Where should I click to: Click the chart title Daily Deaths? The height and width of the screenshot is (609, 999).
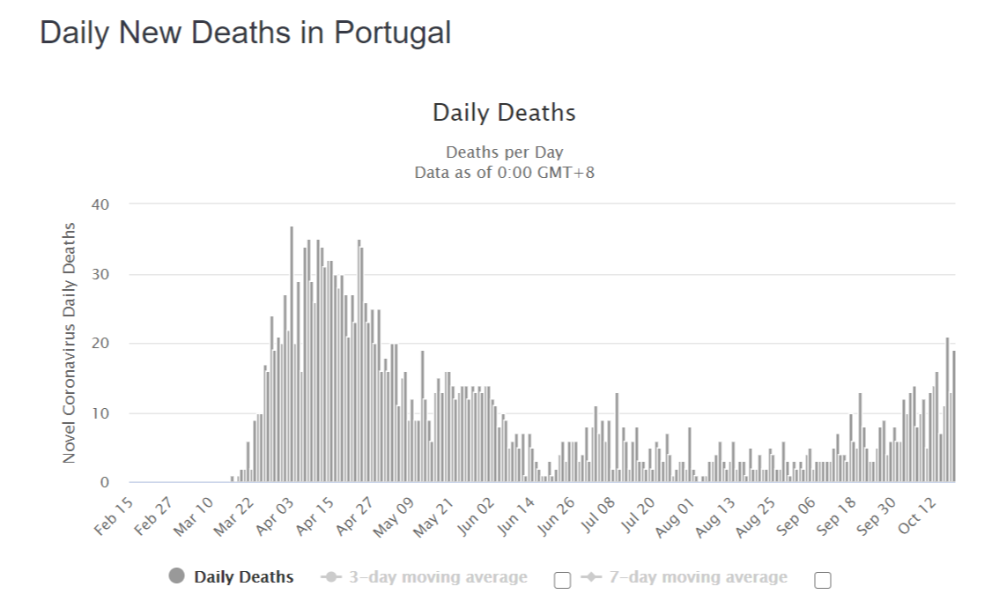pyautogui.click(x=504, y=113)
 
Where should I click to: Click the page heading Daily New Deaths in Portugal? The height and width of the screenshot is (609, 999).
pyautogui.click(x=245, y=33)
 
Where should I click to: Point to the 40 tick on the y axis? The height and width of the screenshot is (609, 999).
pyautogui.click(x=100, y=204)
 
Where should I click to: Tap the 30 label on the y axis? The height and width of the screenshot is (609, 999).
pyautogui.click(x=100, y=274)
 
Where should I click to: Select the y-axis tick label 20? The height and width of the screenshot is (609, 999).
pyautogui.click(x=100, y=343)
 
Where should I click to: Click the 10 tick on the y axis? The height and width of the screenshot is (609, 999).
pyautogui.click(x=100, y=413)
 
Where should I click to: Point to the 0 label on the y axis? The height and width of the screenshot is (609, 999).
pyautogui.click(x=105, y=483)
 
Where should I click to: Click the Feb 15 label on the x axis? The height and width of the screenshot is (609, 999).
pyautogui.click(x=114, y=516)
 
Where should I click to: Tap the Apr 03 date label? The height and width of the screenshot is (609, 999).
pyautogui.click(x=275, y=516)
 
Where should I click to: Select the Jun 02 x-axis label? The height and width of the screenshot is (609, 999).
pyautogui.click(x=476, y=516)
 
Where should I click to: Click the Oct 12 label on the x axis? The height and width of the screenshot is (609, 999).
pyautogui.click(x=918, y=516)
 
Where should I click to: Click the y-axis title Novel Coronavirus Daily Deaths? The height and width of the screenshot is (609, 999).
pyautogui.click(x=69, y=343)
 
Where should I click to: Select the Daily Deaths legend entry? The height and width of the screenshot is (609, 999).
pyautogui.click(x=243, y=577)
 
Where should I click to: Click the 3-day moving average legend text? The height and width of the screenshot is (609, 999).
pyautogui.click(x=439, y=577)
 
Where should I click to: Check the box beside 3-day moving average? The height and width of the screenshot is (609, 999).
pyautogui.click(x=563, y=580)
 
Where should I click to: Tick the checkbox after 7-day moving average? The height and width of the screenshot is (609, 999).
pyautogui.click(x=823, y=580)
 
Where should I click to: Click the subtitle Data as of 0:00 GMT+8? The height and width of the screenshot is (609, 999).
pyautogui.click(x=504, y=173)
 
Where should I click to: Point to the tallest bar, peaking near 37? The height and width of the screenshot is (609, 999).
pyautogui.click(x=292, y=354)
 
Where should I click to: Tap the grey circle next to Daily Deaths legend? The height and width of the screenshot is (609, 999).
pyautogui.click(x=176, y=576)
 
